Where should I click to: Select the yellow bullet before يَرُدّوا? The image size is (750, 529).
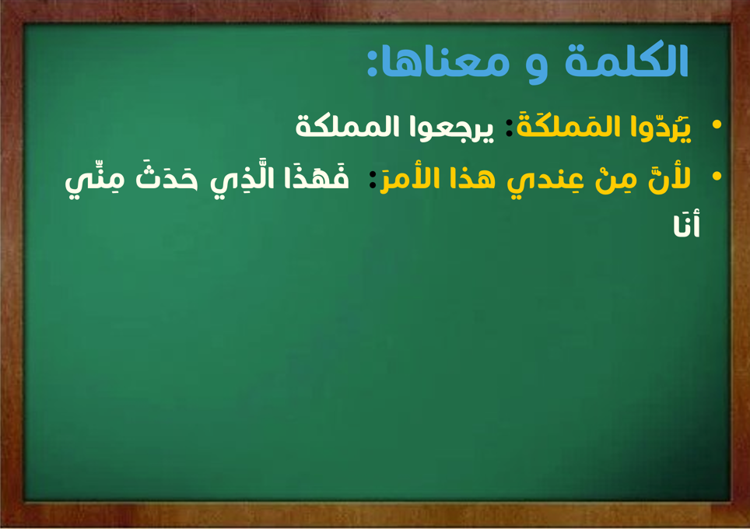717,124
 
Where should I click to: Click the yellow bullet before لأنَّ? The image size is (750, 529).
717,176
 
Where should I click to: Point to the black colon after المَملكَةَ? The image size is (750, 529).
510,128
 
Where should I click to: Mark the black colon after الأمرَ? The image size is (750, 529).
373,180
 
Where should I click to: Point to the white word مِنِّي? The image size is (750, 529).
95,180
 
